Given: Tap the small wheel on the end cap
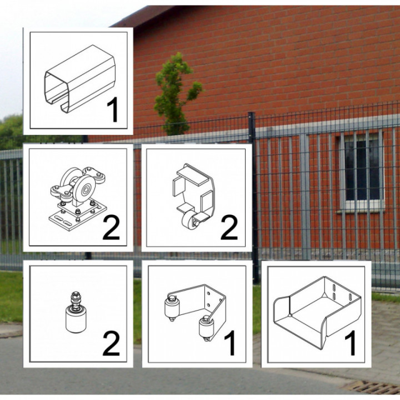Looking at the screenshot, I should pos(189,222).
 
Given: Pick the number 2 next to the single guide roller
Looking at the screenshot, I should pos(111,344).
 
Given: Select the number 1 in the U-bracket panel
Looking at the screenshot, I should pos(229,343).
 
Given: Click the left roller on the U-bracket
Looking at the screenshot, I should pos(170,307).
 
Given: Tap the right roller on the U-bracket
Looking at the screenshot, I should pos(206,328).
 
